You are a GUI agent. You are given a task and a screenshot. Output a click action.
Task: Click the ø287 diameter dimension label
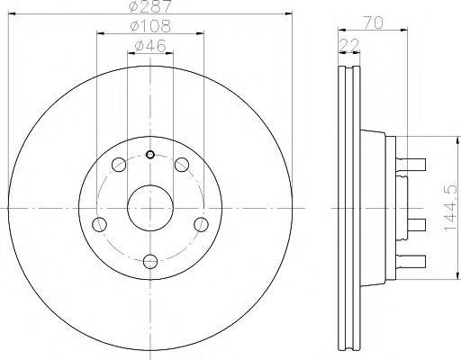(x=150, y=6)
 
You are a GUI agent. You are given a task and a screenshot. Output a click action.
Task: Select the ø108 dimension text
(x=150, y=26)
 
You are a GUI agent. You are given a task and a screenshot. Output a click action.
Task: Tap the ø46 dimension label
(x=150, y=46)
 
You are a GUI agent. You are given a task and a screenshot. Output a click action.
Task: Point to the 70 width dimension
(x=373, y=22)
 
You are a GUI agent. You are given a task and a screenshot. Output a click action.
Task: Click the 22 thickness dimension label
(x=349, y=45)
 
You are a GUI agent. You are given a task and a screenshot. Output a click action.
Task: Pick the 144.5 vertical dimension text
(x=450, y=208)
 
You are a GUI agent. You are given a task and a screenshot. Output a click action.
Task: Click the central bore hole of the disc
(x=150, y=208)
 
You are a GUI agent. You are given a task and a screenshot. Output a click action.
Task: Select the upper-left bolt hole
(x=119, y=165)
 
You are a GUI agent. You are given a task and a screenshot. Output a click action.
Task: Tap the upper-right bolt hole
(x=182, y=165)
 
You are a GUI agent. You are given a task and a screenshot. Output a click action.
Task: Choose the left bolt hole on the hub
(x=99, y=224)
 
